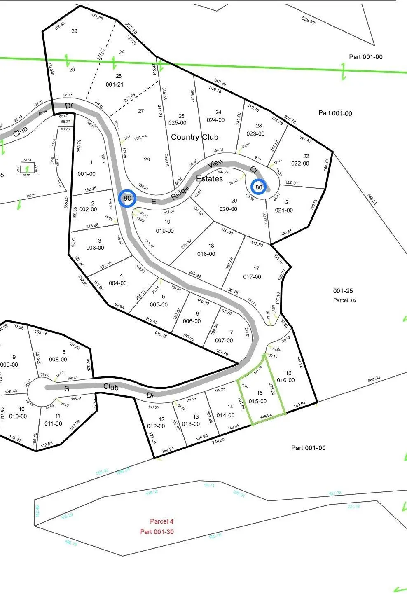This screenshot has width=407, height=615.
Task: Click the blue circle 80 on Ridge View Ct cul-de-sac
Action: (x=259, y=187)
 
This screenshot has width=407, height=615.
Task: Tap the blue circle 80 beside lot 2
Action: (x=127, y=198)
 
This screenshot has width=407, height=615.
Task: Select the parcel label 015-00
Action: (x=257, y=401)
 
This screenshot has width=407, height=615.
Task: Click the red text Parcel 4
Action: (x=161, y=521)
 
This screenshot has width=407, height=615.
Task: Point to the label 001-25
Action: (x=343, y=291)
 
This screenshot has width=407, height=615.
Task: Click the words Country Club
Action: (x=194, y=137)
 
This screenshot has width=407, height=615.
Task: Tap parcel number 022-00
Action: (x=300, y=164)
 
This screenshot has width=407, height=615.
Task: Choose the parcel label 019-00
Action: (x=164, y=231)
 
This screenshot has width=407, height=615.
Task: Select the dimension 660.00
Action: (x=374, y=379)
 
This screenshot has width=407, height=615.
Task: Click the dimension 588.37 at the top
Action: (x=308, y=20)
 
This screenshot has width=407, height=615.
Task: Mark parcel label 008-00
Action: (x=58, y=359)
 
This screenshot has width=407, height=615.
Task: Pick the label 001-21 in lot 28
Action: (x=115, y=84)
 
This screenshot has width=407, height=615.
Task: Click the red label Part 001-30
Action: (x=157, y=532)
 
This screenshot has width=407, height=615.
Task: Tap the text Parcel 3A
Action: (x=344, y=300)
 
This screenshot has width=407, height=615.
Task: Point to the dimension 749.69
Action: (x=218, y=440)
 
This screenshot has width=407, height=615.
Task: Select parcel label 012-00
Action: (x=156, y=426)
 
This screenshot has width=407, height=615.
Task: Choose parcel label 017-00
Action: (x=252, y=277)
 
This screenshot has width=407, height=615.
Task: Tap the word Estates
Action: (x=209, y=179)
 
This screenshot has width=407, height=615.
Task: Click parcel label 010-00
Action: (x=18, y=416)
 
